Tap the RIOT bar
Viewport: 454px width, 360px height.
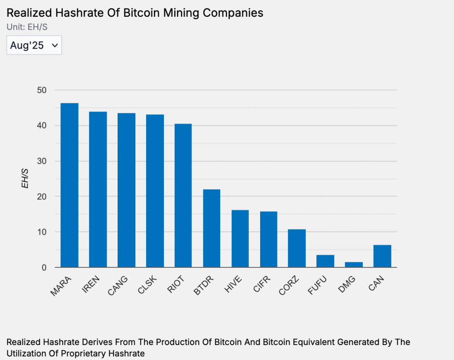click(x=183, y=196)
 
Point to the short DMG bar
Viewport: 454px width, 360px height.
click(x=354, y=265)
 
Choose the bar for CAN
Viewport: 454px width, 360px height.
click(x=382, y=256)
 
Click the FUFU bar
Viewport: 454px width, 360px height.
click(x=326, y=261)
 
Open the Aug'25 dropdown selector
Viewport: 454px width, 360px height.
click(x=34, y=45)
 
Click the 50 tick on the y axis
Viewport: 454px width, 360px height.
click(x=42, y=90)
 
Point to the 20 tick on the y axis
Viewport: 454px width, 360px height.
click(x=42, y=197)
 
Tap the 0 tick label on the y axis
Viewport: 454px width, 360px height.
click(x=44, y=267)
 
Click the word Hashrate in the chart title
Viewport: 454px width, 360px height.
click(x=71, y=13)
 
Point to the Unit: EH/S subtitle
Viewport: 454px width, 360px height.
click(x=27, y=27)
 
